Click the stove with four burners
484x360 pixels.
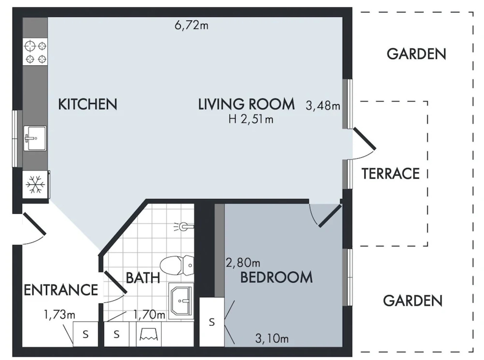(x=35, y=52)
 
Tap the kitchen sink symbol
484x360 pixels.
(x=35, y=138)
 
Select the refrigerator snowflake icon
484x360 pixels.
(x=35, y=184)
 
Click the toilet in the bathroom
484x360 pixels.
(x=177, y=265)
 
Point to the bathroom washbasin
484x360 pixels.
(x=181, y=301)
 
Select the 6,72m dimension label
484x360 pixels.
(x=191, y=25)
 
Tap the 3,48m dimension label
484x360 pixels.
(x=323, y=106)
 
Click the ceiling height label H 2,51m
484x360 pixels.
(x=251, y=119)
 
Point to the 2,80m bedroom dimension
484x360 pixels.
(x=243, y=263)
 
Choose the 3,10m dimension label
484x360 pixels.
(x=272, y=339)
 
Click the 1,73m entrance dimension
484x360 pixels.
(x=59, y=314)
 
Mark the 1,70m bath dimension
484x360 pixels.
(x=149, y=314)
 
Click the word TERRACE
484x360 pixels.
(x=390, y=174)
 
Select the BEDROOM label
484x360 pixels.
(x=276, y=277)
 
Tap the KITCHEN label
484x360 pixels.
(x=88, y=104)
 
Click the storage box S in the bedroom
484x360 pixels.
(x=212, y=322)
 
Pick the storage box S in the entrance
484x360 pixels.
(x=86, y=334)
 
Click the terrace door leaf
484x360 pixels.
(x=365, y=138)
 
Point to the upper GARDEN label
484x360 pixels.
(x=416, y=54)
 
